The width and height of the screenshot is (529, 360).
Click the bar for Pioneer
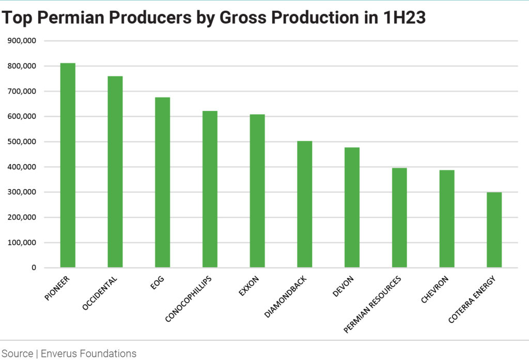coord(68,165)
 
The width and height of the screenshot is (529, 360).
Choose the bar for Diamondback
coord(304,205)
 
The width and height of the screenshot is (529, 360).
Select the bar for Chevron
coord(446,219)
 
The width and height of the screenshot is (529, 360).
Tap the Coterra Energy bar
coord(494,230)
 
